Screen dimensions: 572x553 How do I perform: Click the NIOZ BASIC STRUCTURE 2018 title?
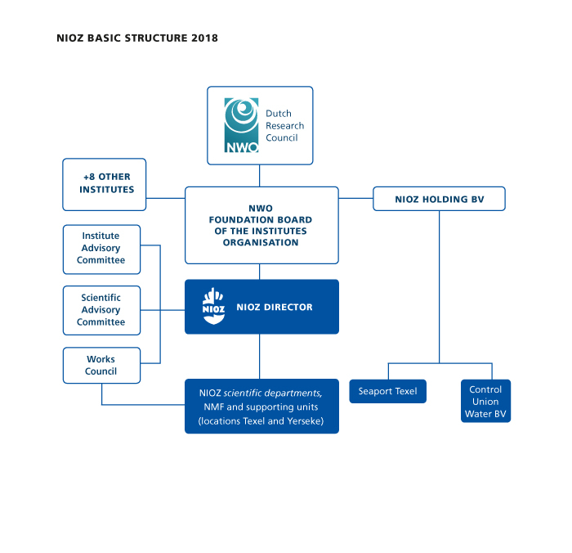point(137,38)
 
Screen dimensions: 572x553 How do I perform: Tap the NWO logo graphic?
point(241,125)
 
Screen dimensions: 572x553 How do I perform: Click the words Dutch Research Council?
point(284,125)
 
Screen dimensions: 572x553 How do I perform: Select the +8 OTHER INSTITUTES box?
point(105,184)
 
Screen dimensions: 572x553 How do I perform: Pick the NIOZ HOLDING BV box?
point(440,199)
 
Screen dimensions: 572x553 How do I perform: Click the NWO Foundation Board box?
point(261,225)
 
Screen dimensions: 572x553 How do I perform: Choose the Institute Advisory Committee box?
point(102,250)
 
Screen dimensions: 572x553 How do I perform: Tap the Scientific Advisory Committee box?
point(102,311)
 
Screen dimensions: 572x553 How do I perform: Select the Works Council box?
point(102,365)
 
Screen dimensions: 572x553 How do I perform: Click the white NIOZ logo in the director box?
point(213,306)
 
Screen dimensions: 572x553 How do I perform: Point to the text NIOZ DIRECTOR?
point(275,308)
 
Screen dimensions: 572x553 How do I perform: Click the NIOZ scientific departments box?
point(261,407)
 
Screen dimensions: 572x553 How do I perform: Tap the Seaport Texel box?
point(388,391)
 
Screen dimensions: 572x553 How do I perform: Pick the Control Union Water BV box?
point(485,401)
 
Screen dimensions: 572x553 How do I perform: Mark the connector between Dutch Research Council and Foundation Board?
point(259,176)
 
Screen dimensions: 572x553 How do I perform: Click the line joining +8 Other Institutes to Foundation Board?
point(166,198)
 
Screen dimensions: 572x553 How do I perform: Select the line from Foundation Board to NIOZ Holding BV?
point(355,198)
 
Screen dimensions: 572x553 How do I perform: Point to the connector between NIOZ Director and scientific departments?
point(259,357)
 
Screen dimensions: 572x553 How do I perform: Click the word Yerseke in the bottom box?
point(306,421)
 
